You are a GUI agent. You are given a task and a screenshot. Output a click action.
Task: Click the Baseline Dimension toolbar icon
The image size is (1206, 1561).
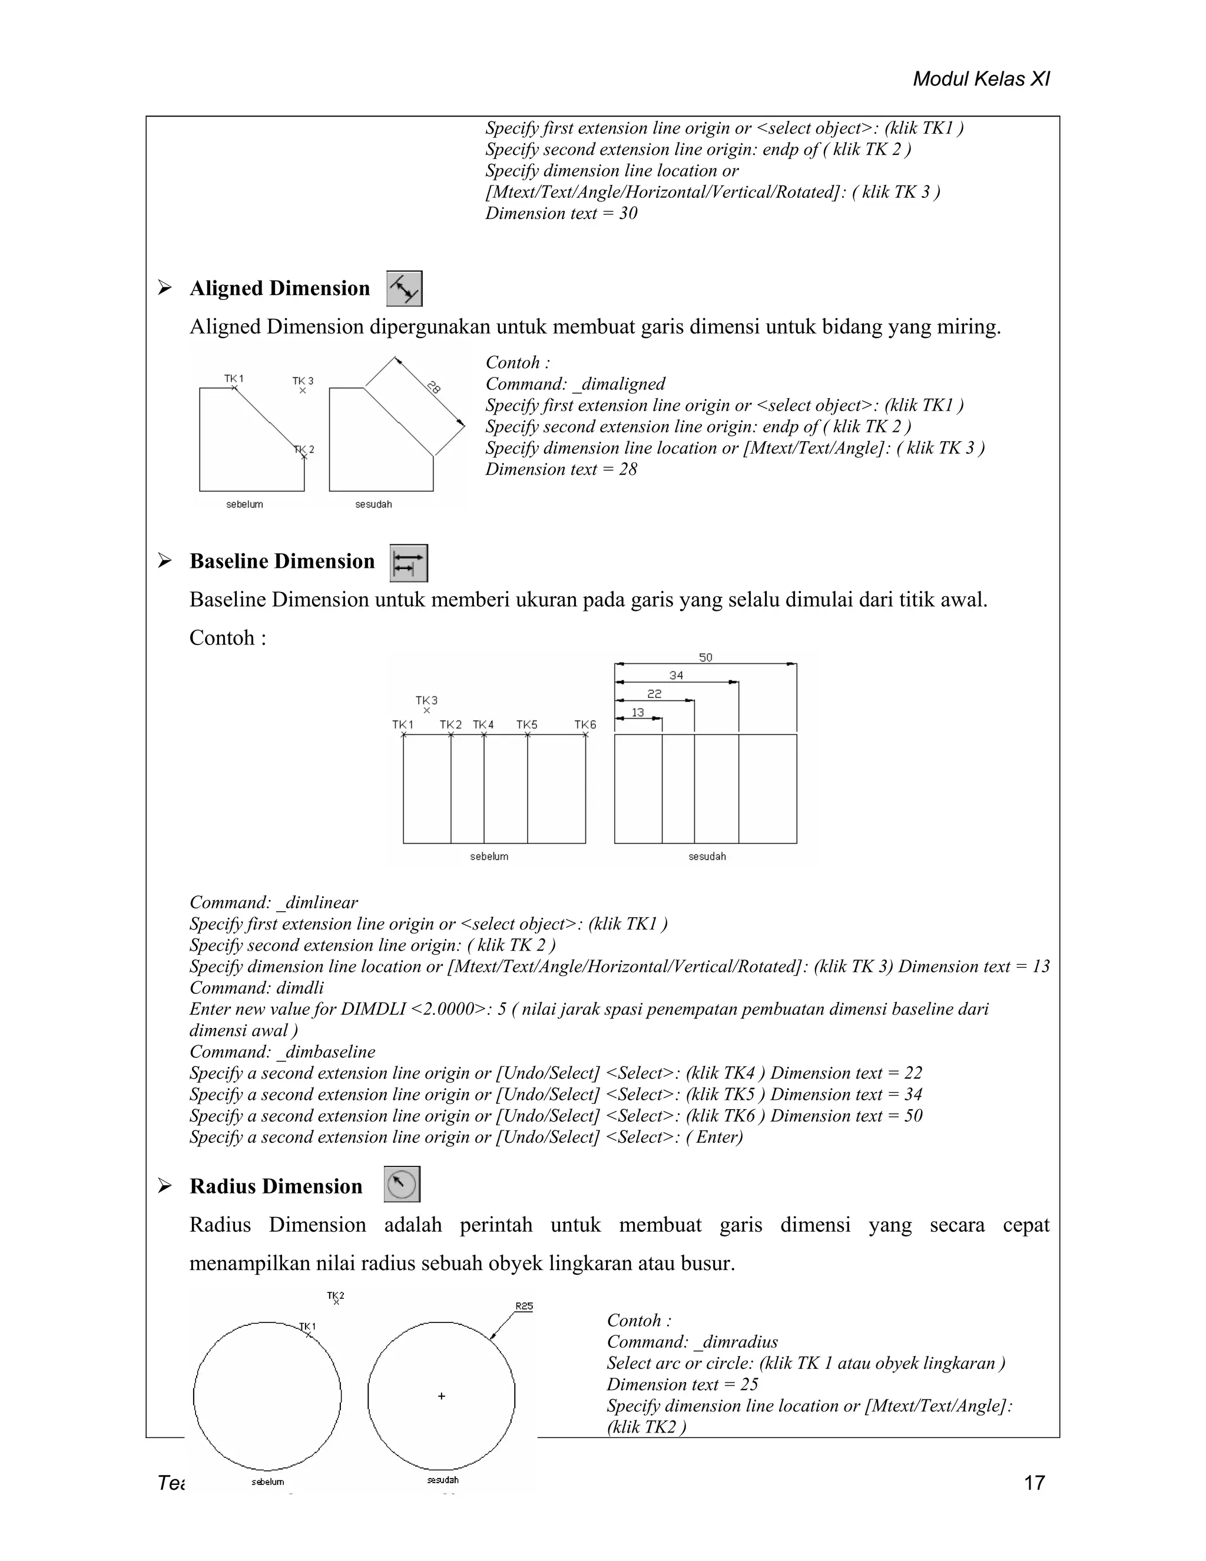pyautogui.click(x=409, y=563)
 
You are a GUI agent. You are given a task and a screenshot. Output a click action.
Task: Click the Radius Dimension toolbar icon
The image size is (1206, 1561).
pyautogui.click(x=402, y=1185)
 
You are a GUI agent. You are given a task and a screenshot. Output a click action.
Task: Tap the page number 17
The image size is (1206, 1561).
pyautogui.click(x=1034, y=1483)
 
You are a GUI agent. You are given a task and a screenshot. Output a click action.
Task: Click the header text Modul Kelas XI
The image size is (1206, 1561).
pyautogui.click(x=981, y=80)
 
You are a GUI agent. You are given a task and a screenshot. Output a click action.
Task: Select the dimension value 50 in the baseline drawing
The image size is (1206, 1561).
pyautogui.click(x=705, y=657)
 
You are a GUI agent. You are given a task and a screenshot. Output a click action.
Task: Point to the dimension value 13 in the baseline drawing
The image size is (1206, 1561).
pyautogui.click(x=637, y=713)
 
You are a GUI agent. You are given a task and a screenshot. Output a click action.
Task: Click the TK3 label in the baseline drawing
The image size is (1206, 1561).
pyautogui.click(x=426, y=700)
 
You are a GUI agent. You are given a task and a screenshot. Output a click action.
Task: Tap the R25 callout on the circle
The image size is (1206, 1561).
pyautogui.click(x=524, y=1307)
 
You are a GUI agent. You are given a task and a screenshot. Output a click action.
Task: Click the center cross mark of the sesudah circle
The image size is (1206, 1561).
pyautogui.click(x=442, y=1396)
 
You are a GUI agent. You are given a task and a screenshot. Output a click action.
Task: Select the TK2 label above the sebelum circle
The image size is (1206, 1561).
pyautogui.click(x=336, y=1295)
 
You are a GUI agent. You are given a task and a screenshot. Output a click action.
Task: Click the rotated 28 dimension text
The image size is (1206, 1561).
pyautogui.click(x=433, y=388)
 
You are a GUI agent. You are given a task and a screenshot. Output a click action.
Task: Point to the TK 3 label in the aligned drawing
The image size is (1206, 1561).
pyautogui.click(x=303, y=381)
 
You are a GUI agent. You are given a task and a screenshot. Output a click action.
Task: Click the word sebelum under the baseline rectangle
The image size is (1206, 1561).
pyautogui.click(x=489, y=856)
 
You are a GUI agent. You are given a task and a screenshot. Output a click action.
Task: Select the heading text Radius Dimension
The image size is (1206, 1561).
pyautogui.click(x=276, y=1186)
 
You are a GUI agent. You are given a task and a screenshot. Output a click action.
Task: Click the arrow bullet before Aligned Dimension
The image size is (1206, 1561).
pyautogui.click(x=165, y=288)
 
